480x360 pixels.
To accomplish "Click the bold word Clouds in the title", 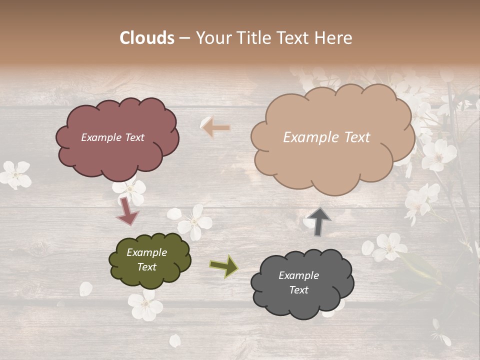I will click(x=147, y=38).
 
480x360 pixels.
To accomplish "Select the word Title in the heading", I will click(x=253, y=38).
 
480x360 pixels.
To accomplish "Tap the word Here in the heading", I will click(x=333, y=38).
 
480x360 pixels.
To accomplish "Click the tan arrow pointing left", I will click(x=216, y=128).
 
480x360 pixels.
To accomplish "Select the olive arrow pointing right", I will click(x=224, y=266).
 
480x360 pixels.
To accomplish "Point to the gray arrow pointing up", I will click(x=319, y=221).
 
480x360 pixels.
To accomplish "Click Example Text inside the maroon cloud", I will click(x=112, y=137).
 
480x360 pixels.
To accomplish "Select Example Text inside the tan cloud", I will click(x=326, y=137).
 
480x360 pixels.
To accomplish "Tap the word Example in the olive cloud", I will click(x=146, y=252).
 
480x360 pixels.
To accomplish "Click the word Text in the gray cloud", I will click(x=298, y=290).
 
